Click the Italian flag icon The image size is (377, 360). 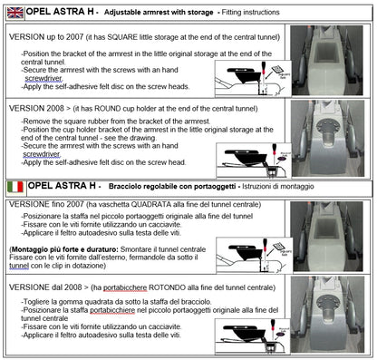click(x=14, y=186)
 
